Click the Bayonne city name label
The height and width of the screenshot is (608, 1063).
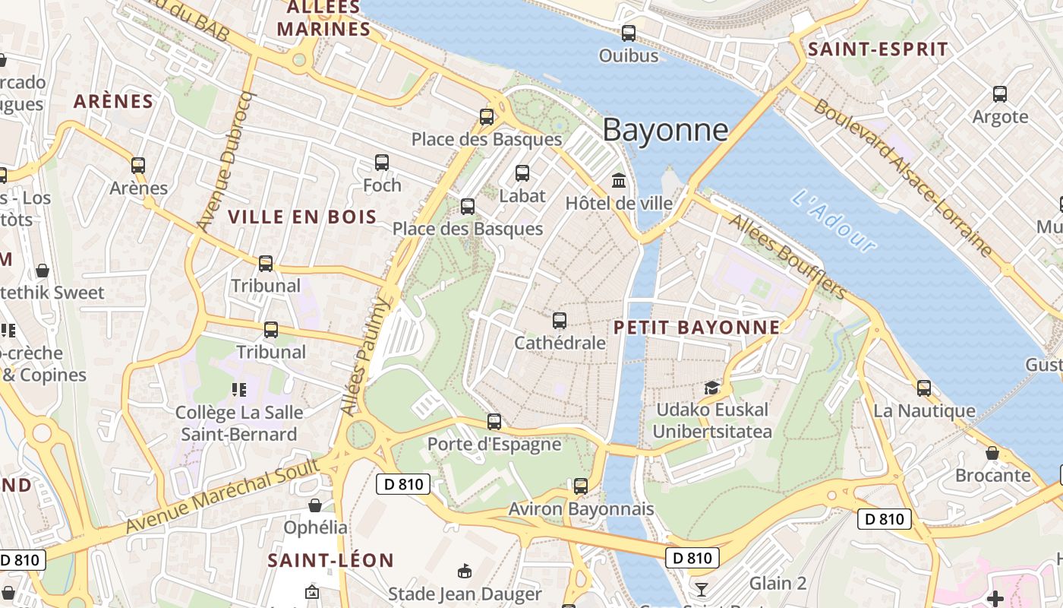[665, 130]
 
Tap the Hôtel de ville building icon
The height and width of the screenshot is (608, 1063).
[619, 181]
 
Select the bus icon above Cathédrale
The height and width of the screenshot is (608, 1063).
[560, 321]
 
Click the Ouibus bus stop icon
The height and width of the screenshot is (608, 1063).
[628, 33]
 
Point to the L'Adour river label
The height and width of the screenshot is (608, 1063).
[834, 220]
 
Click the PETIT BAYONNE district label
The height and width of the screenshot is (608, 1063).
[696, 328]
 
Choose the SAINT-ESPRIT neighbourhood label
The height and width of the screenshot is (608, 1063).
[878, 49]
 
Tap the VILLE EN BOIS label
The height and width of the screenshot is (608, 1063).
[302, 217]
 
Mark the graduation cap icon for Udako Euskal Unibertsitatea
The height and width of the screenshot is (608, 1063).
[711, 388]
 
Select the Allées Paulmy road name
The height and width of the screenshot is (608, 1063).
[366, 356]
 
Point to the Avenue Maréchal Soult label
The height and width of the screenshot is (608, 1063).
[222, 496]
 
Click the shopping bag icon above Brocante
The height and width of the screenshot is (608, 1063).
[992, 453]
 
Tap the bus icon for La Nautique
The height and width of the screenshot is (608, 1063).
[923, 388]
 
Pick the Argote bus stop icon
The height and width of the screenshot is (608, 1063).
[1000, 94]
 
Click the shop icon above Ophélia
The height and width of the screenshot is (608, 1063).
[315, 505]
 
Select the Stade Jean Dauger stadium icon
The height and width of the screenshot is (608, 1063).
[465, 571]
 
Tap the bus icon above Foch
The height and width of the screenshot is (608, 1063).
[382, 163]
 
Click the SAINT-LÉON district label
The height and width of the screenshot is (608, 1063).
[330, 561]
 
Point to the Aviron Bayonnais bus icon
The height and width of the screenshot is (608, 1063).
[581, 486]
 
